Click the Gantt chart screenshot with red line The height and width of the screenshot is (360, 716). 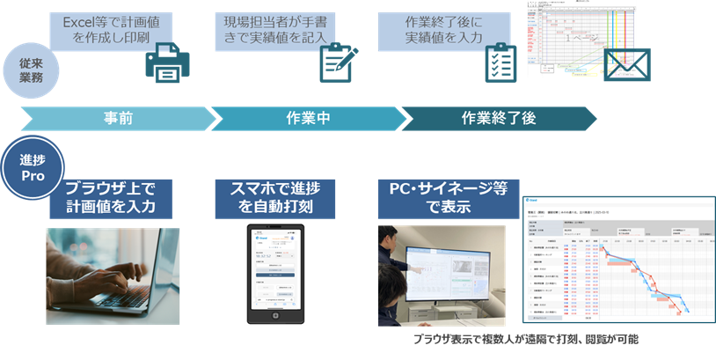(x=617, y=265)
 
